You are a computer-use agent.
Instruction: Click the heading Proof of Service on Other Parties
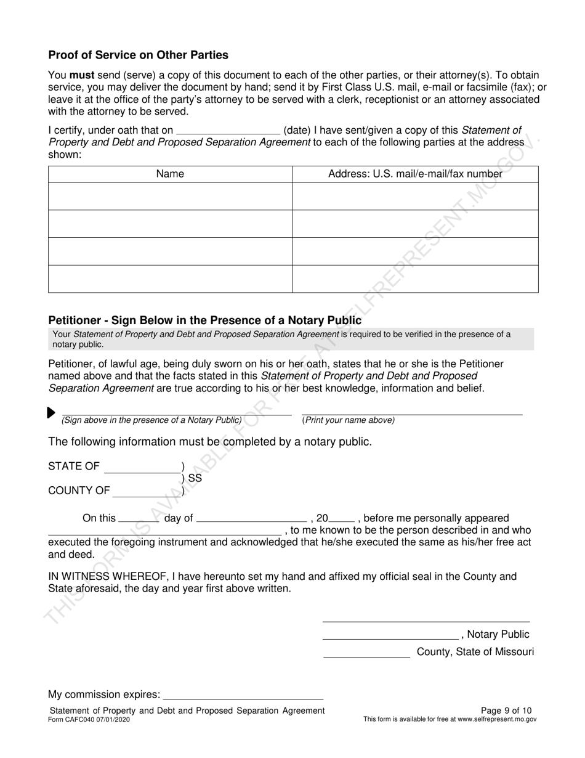pyautogui.click(x=138, y=55)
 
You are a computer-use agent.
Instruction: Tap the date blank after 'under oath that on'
pyautogui.click(x=228, y=130)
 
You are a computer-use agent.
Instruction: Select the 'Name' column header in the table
pyautogui.click(x=170, y=174)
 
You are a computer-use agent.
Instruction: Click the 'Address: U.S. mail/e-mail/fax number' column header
pyautogui.click(x=415, y=174)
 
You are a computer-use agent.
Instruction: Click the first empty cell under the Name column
pyautogui.click(x=170, y=197)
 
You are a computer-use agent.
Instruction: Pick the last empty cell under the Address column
pyautogui.click(x=415, y=279)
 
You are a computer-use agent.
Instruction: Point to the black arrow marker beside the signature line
pyautogui.click(x=51, y=413)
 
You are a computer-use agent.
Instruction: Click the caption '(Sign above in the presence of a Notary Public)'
pyautogui.click(x=151, y=420)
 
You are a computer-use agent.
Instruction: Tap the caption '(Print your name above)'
pyautogui.click(x=349, y=420)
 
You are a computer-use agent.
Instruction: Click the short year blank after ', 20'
pyautogui.click(x=342, y=518)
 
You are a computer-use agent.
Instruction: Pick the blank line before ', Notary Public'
pyautogui.click(x=390, y=635)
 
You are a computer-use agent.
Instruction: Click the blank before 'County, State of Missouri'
pyautogui.click(x=366, y=652)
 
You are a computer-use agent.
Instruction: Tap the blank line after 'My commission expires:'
pyautogui.click(x=243, y=695)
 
